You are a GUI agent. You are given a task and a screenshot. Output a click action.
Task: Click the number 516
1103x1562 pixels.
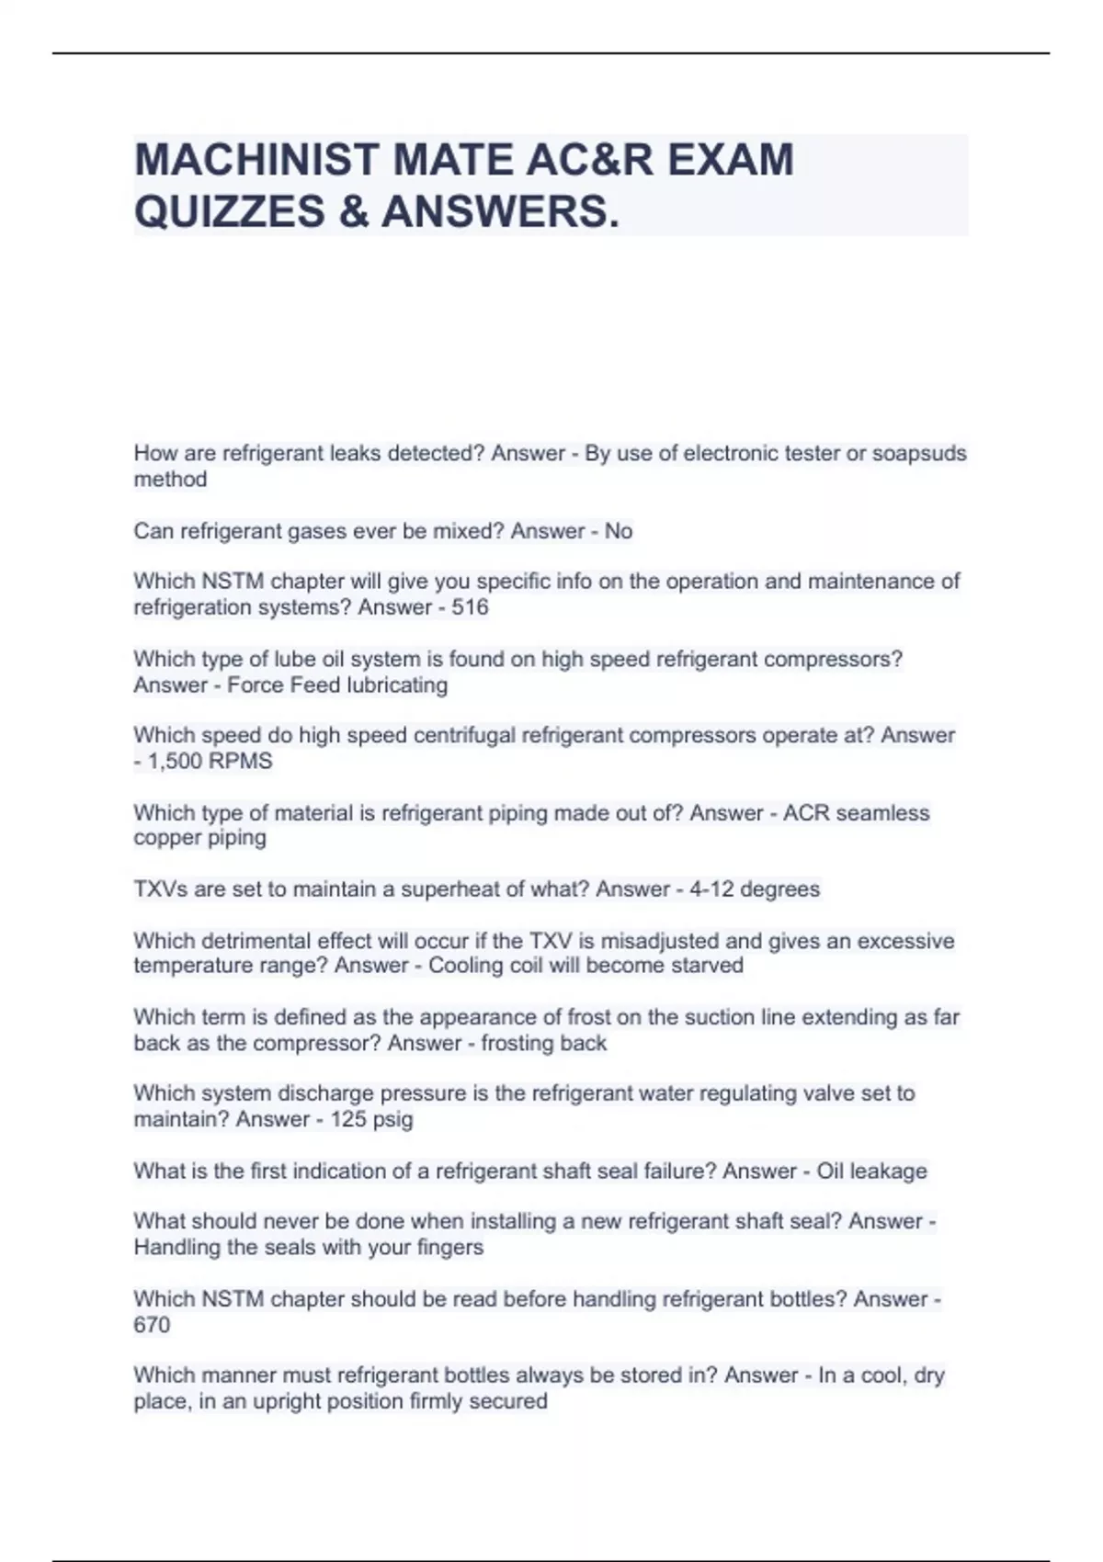point(470,607)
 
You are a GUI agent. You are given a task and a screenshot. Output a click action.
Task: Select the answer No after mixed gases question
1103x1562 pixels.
point(619,531)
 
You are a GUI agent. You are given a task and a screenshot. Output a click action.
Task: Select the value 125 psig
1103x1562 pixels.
point(371,1120)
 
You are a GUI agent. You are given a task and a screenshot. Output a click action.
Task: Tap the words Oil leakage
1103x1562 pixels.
point(871,1171)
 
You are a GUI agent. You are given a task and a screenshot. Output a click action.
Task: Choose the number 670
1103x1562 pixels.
point(152,1325)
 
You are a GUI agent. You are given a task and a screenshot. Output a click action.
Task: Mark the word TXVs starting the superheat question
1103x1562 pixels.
point(160,889)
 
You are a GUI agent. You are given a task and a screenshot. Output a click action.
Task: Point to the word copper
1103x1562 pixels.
point(166,838)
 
